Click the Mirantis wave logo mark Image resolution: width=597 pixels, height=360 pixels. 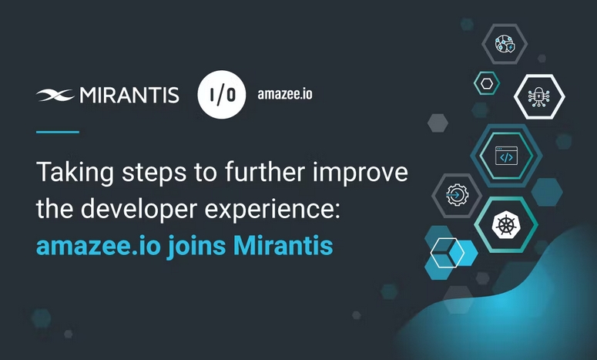point(55,96)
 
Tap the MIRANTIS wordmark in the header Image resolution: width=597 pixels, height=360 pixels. point(129,96)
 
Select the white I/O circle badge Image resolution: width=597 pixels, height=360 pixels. point(222,95)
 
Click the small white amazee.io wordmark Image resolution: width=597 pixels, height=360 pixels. point(285,94)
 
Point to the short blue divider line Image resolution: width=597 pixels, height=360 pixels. point(58,132)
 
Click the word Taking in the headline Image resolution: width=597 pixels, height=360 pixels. point(75,173)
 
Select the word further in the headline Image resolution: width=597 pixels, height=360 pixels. point(265,171)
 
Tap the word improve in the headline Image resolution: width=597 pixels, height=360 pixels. point(361,173)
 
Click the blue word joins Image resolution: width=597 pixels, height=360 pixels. point(196,246)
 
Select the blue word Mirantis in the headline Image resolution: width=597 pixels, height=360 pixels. point(283,246)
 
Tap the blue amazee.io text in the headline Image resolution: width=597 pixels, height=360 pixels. point(99,247)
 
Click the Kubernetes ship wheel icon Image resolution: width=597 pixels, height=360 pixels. point(506,224)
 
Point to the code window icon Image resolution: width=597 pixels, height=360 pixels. point(506,156)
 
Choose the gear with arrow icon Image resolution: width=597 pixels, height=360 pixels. point(457,195)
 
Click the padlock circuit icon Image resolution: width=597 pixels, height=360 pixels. point(538,96)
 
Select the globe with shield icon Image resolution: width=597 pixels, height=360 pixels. point(505,43)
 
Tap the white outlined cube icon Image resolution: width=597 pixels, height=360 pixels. point(448,253)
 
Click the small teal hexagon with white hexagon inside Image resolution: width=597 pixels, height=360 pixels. point(487,83)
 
